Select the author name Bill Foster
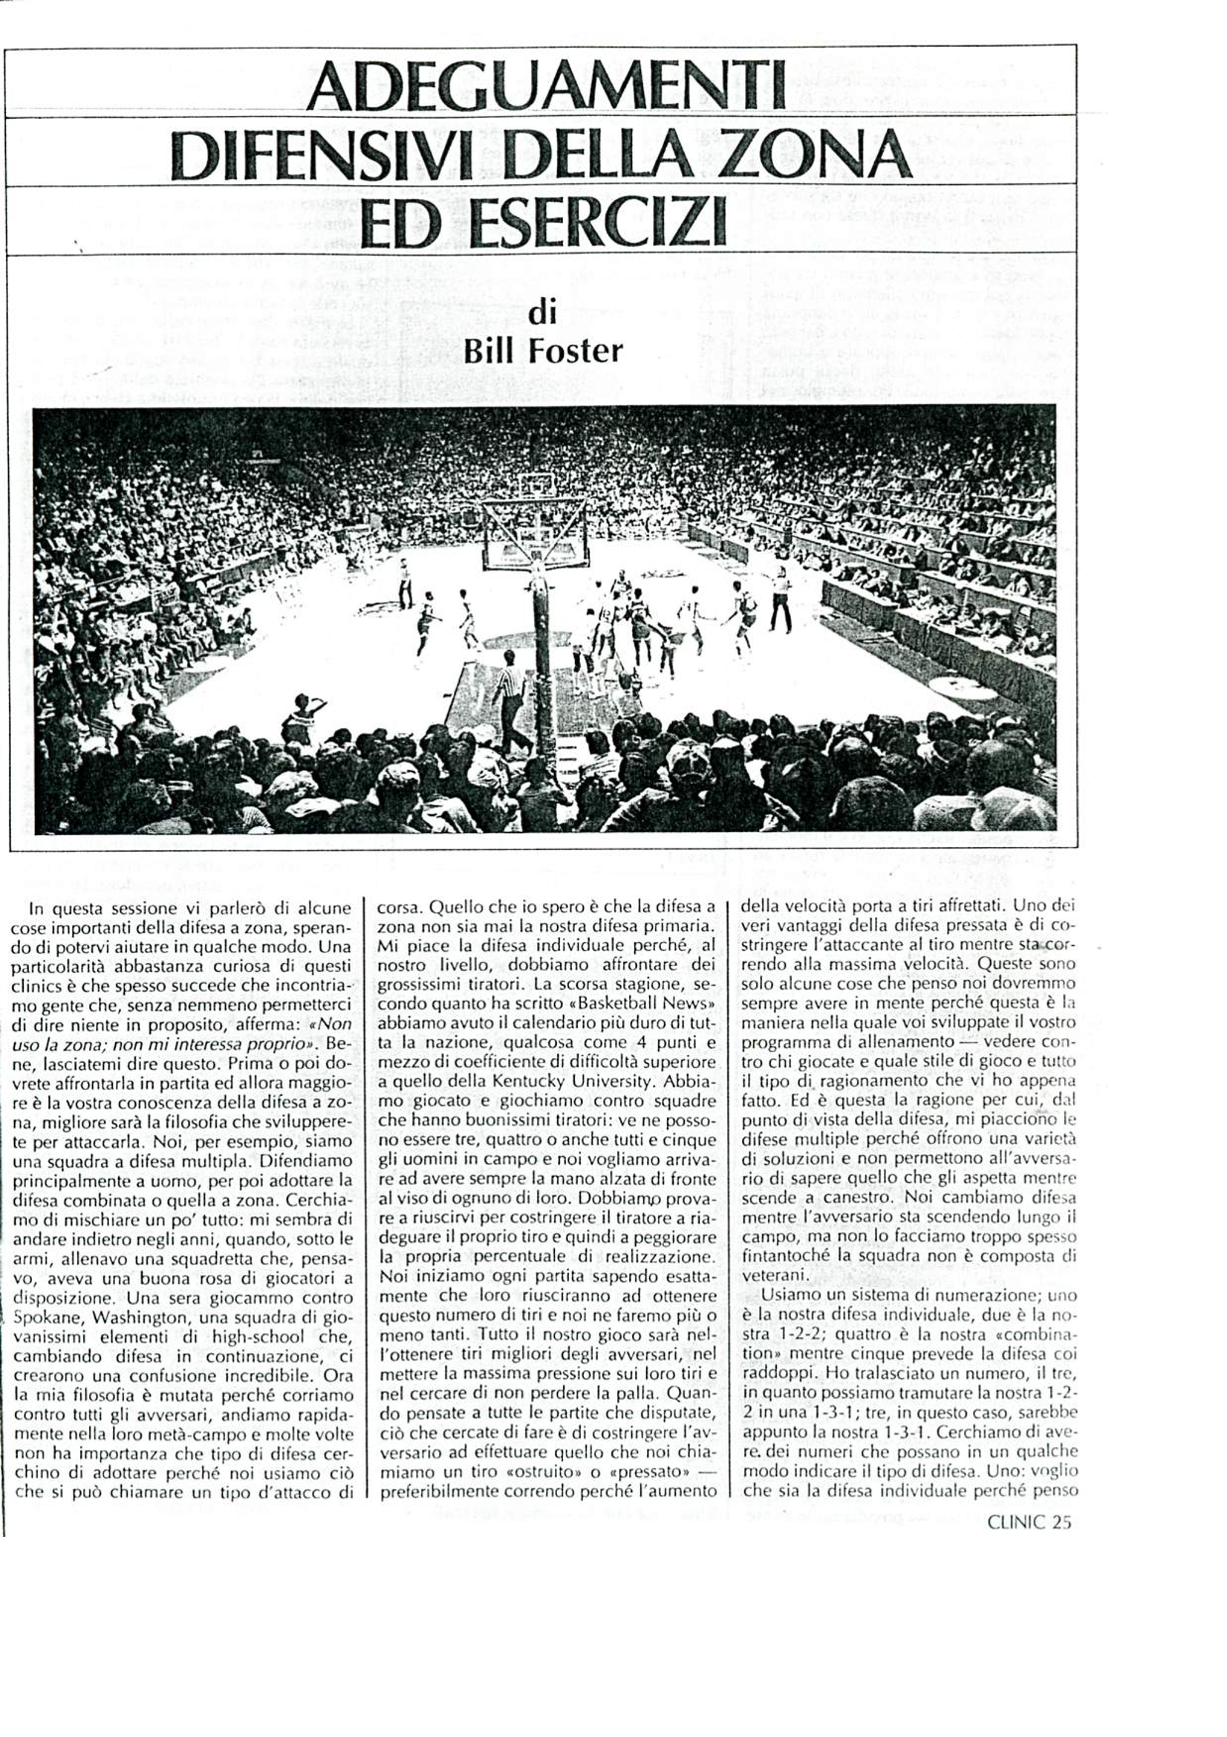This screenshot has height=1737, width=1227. [543, 351]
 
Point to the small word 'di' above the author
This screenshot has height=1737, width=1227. [542, 313]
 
